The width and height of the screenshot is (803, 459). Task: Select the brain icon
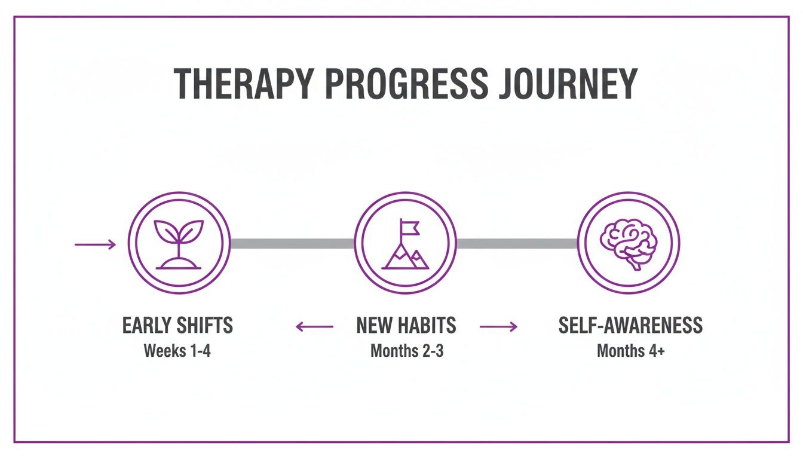pos(629,243)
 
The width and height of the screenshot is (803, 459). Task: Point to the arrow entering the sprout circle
pos(95,244)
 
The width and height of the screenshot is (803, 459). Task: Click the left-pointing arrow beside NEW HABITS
pos(314,326)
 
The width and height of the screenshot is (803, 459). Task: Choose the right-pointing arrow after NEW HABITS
pos(498,326)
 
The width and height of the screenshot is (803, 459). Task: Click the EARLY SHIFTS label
pos(177,326)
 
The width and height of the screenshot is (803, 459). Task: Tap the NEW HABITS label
pos(406,326)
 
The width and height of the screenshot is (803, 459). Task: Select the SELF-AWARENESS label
pos(630,326)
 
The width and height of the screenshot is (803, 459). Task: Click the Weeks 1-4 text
pos(177,351)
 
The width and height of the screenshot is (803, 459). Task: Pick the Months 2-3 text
pos(407,351)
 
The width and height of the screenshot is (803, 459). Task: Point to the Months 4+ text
pos(630,351)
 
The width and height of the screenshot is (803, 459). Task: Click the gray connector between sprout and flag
pos(292,243)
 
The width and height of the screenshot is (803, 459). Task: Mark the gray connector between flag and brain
pos(517,243)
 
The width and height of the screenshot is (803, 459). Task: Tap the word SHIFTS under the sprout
pos(205,326)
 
